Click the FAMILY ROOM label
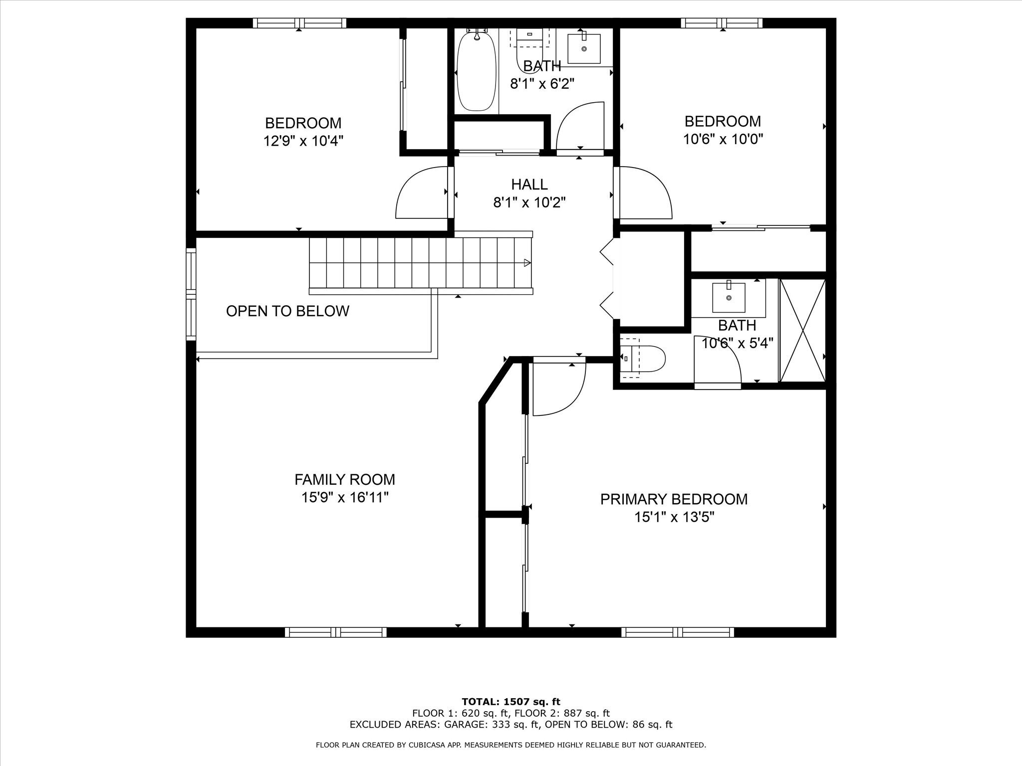click(344, 479)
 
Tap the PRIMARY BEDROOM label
click(674, 499)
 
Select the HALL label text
click(529, 185)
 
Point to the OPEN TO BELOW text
click(287, 311)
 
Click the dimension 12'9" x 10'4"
click(303, 142)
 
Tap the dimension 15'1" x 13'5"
click(674, 518)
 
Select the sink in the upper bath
click(584, 48)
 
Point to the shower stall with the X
click(802, 331)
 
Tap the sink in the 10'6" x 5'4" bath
click(729, 297)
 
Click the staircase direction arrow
click(526, 263)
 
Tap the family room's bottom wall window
click(336, 632)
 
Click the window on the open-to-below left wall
click(191, 294)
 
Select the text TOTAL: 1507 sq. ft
click(511, 702)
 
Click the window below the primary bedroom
click(678, 632)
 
